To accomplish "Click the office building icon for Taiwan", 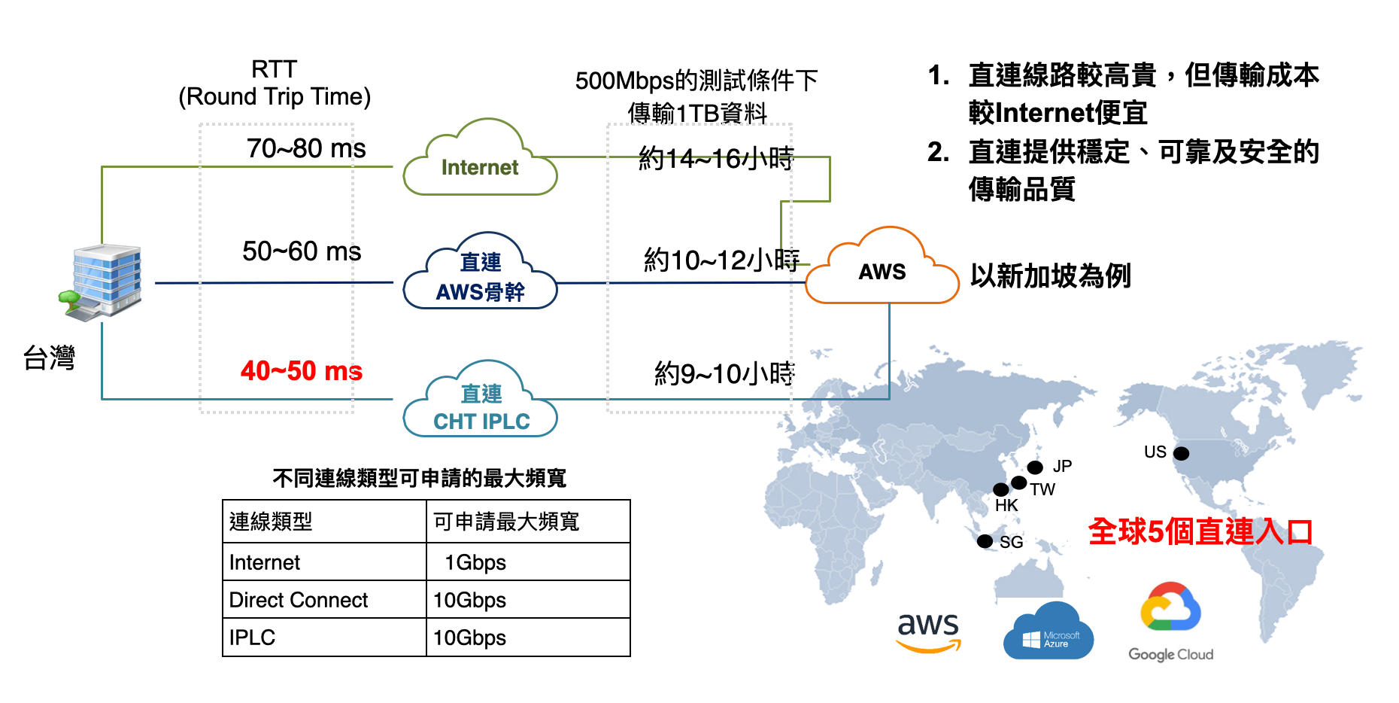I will point(103,280).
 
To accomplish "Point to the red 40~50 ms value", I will point(301,371).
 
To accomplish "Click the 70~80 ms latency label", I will point(305,148).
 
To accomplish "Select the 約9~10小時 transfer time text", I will point(724,373).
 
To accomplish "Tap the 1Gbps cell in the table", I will point(475,562).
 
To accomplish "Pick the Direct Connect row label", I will point(299,600).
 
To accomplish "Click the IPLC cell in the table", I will point(253,638).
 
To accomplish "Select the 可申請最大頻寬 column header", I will point(506,522).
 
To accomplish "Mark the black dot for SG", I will point(985,541).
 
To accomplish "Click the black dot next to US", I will point(1182,453).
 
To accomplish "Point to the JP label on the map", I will point(1062,466).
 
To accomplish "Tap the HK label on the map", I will point(1006,505).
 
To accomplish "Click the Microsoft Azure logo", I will point(1048,633).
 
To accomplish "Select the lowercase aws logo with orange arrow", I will point(929,631).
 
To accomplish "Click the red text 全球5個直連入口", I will point(1200,531).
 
